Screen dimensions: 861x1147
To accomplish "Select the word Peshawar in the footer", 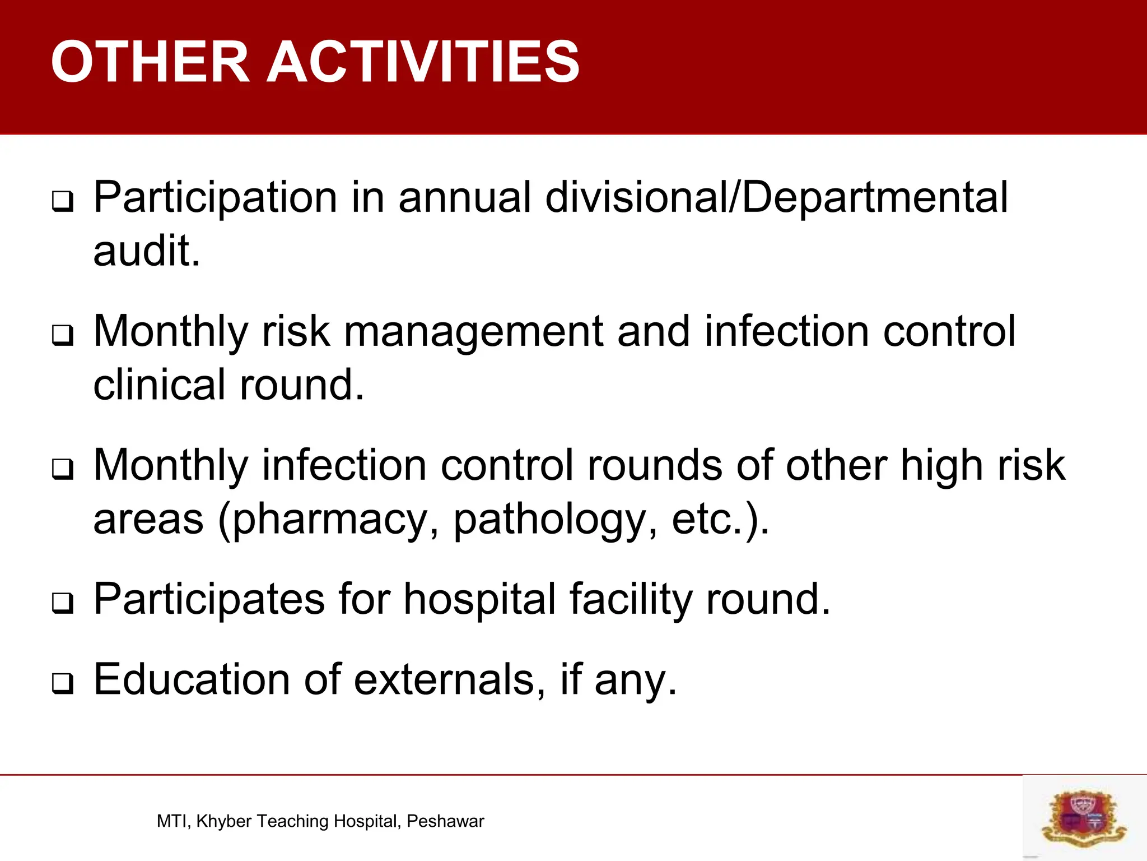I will click(x=445, y=821).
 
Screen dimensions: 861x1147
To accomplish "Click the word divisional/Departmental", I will click(x=776, y=197).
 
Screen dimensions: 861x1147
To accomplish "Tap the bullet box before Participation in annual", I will click(x=62, y=202).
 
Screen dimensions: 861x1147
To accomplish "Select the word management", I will click(x=473, y=332).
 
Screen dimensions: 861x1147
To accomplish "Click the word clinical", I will click(x=159, y=385).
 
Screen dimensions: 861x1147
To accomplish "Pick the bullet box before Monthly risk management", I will click(x=62, y=336).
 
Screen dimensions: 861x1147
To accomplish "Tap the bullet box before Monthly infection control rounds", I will click(x=62, y=470).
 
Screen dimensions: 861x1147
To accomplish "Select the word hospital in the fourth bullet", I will click(x=479, y=599).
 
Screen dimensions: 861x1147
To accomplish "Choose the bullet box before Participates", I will click(x=62, y=604).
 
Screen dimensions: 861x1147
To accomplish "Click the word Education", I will click(x=191, y=679).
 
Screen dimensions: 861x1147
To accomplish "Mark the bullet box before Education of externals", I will click(x=62, y=684).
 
